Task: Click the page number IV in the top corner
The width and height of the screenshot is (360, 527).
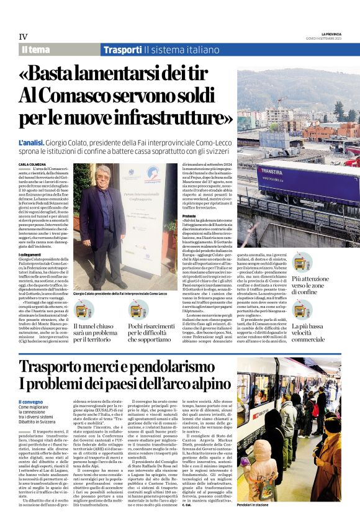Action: [23, 37]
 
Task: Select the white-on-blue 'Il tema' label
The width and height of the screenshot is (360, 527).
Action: [36, 50]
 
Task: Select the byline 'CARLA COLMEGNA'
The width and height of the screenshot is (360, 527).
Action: [31, 164]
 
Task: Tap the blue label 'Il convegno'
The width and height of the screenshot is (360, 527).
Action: [30, 403]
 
